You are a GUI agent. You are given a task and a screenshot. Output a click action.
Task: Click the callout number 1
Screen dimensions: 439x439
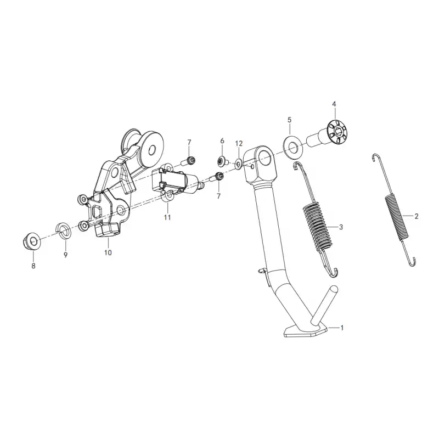pyautogui.click(x=341, y=327)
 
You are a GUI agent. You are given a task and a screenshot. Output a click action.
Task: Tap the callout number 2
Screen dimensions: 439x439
pyautogui.click(x=417, y=216)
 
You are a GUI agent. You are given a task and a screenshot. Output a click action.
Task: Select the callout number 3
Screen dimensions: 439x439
pyautogui.click(x=341, y=227)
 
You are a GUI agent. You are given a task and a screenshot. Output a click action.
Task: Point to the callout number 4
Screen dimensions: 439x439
pyautogui.click(x=334, y=104)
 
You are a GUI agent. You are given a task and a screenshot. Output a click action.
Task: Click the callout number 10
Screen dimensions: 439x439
pyautogui.click(x=108, y=252)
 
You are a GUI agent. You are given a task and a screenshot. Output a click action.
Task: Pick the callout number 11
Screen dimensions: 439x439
pyautogui.click(x=167, y=217)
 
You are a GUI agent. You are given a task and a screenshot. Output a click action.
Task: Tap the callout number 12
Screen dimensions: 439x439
pyautogui.click(x=239, y=144)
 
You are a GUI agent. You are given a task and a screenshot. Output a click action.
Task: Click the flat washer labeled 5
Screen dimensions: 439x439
pyautogui.click(x=293, y=147)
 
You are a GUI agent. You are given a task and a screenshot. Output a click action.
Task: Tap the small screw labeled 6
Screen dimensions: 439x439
pyautogui.click(x=223, y=161)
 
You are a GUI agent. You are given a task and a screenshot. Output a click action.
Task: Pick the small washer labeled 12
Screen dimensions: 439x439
pyautogui.click(x=239, y=164)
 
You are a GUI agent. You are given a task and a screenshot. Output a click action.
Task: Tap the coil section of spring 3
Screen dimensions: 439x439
pyautogui.click(x=318, y=226)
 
